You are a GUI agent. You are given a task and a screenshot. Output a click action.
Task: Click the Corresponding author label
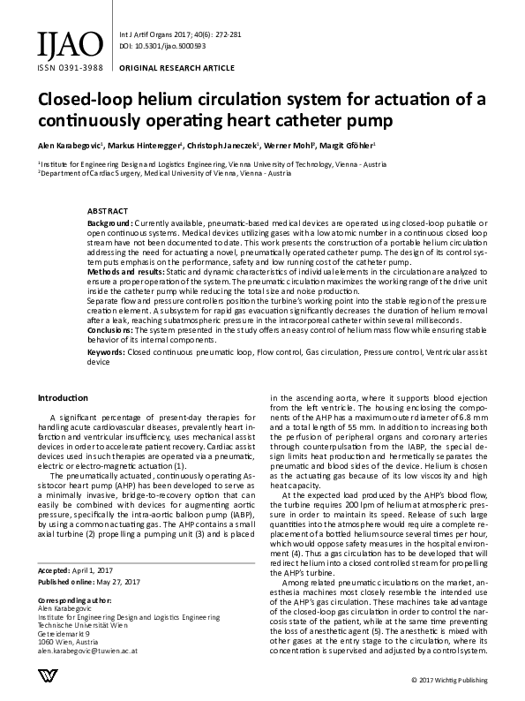tap(76, 598)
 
